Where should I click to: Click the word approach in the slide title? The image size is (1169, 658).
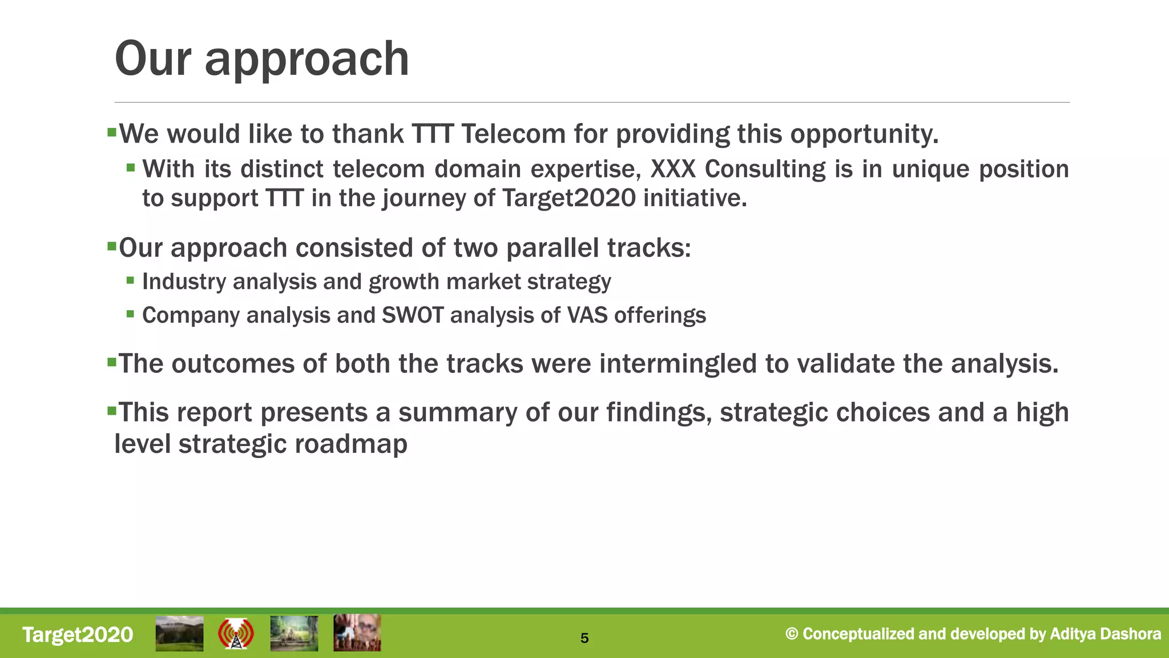point(307,59)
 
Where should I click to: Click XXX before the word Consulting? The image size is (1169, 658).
point(673,169)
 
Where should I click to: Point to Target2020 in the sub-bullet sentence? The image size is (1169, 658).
point(569,198)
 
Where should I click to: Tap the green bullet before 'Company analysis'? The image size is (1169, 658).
point(131,314)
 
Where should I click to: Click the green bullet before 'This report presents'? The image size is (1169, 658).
point(111,410)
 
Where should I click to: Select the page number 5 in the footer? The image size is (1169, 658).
point(584,638)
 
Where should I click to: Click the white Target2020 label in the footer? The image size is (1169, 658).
point(78,635)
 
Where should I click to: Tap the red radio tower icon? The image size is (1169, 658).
point(236,634)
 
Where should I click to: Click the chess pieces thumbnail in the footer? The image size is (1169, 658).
point(357,633)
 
